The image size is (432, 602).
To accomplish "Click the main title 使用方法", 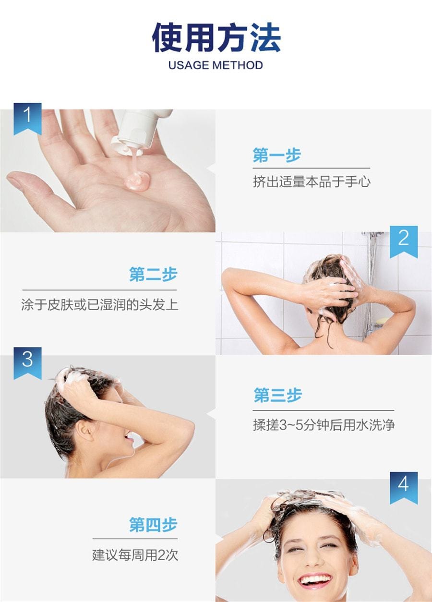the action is coord(216,37).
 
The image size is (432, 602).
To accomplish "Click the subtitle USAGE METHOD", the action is coord(216,65).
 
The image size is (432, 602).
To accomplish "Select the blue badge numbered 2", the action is coord(404,241).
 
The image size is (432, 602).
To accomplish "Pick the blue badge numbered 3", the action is coord(27,363).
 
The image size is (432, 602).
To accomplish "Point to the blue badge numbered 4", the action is coord(404,488).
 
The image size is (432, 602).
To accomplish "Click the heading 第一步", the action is coord(276,155).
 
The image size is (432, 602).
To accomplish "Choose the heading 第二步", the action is coord(153,274).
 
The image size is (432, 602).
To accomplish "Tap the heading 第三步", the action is coord(278,395).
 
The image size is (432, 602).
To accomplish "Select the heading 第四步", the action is coord(153,524).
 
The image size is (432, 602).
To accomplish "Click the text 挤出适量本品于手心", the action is coord(312,181).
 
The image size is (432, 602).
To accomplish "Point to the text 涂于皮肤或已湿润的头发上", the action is coord(100,304).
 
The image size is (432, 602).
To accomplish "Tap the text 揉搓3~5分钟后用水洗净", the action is coord(324,425).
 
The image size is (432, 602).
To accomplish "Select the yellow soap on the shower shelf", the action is coord(383,320).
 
